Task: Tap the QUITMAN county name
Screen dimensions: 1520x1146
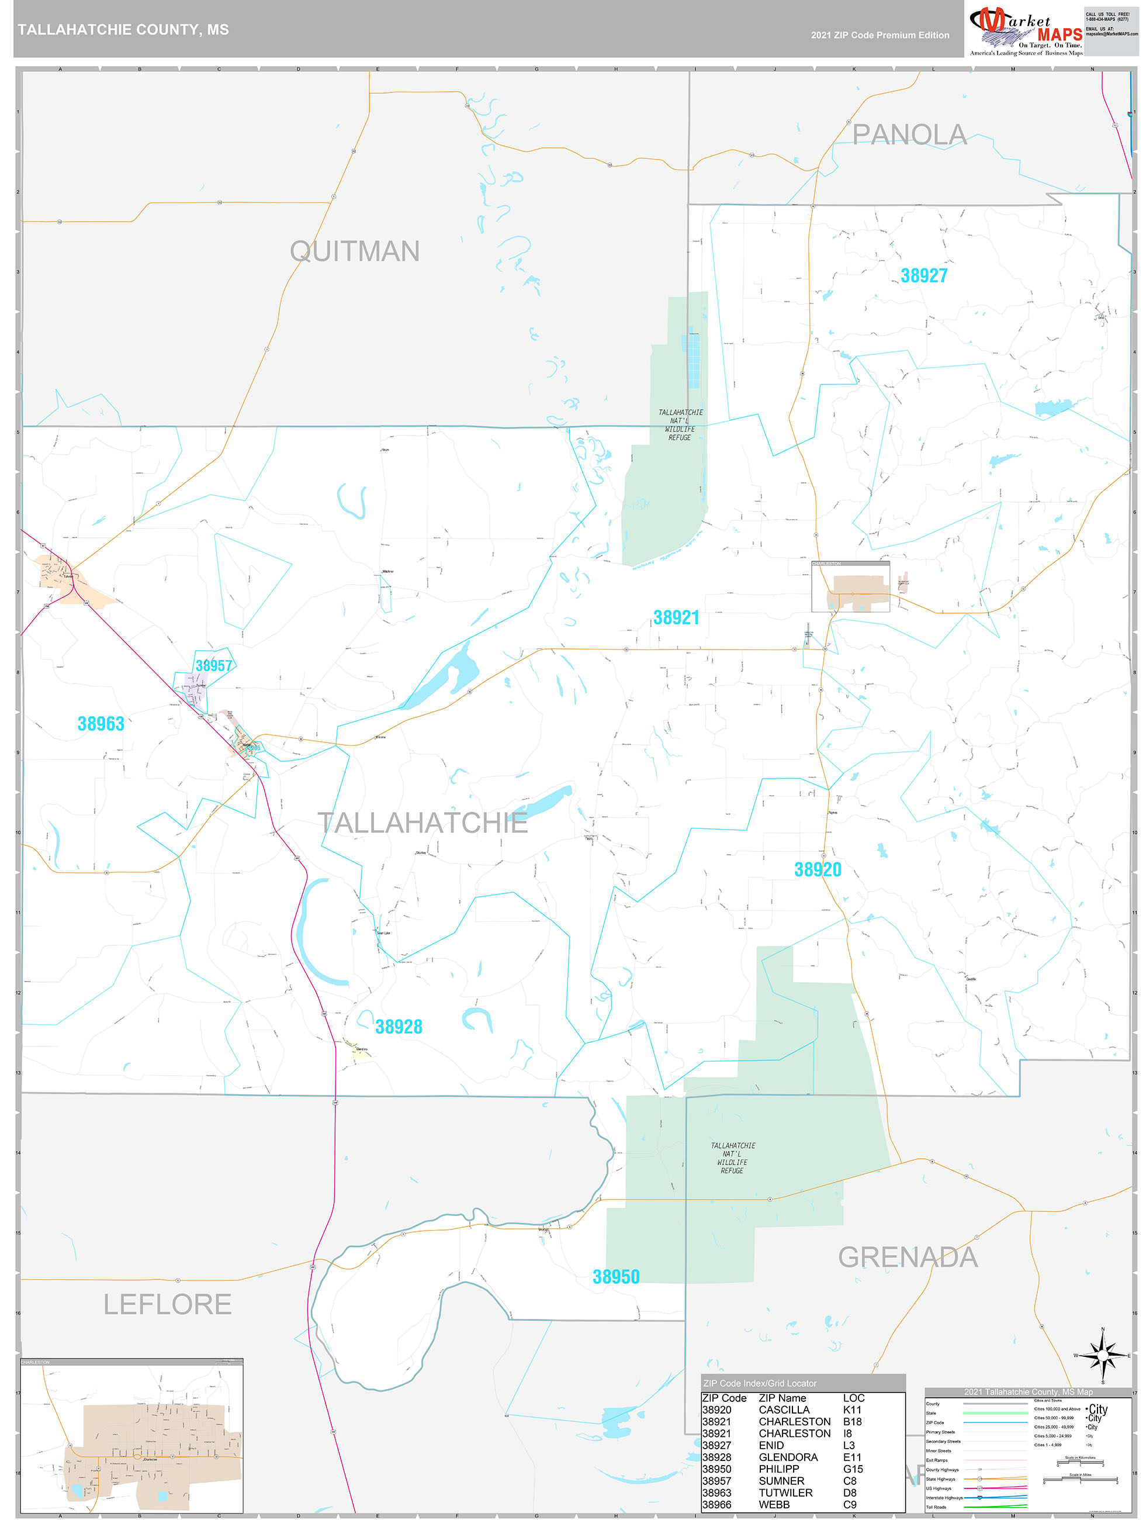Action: [355, 251]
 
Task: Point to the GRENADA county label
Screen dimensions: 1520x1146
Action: [907, 1258]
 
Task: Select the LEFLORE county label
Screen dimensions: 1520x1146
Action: [167, 1304]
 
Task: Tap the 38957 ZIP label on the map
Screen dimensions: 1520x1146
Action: [214, 665]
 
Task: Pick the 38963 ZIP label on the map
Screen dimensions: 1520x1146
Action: [101, 724]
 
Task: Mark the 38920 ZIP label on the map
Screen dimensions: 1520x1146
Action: [818, 870]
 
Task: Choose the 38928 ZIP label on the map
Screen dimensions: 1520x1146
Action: [399, 1027]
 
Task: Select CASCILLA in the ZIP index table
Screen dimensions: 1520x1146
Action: [784, 1410]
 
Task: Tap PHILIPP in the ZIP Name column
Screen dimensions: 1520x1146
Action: [779, 1469]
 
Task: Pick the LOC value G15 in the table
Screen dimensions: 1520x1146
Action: [853, 1469]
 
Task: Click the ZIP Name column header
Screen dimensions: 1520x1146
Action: [782, 1398]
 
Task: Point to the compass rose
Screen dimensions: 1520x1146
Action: [1103, 1355]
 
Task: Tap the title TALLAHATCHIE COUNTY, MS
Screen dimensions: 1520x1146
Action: [124, 30]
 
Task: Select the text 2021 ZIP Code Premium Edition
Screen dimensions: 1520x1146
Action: [880, 35]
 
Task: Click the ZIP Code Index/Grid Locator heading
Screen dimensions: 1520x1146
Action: [759, 1383]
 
